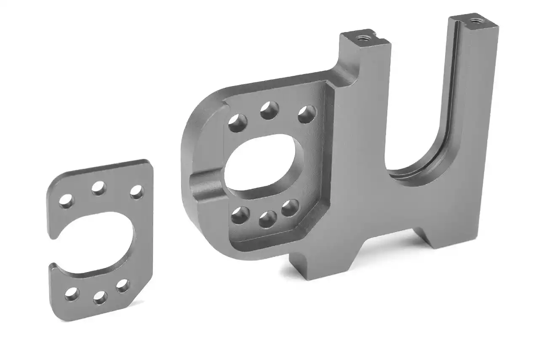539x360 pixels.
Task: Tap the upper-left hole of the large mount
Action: pos(237,123)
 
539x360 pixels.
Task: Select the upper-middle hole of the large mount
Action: pos(269,110)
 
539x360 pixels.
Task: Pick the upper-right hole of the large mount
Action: pos(307,115)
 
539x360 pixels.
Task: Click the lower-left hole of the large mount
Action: pos(239,215)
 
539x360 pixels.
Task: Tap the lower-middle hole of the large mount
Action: pos(267,219)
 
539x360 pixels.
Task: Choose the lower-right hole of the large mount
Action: pos(290,208)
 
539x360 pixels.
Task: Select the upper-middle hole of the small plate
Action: pos(99,188)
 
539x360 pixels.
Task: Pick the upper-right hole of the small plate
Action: pos(136,192)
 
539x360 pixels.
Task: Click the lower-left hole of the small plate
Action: pos(72,294)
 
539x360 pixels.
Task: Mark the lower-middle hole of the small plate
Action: pos(100,297)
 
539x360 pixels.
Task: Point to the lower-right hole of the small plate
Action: pos(123,286)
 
